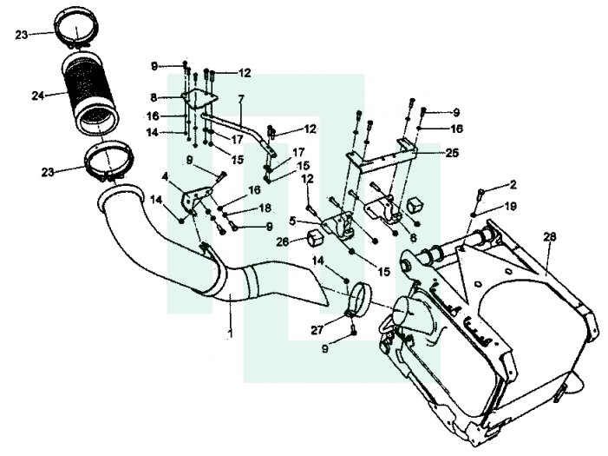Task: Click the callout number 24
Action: click(x=37, y=96)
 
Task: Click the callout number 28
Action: click(x=550, y=236)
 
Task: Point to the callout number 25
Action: click(x=452, y=153)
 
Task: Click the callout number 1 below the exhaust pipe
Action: click(x=231, y=334)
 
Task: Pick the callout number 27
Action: click(x=317, y=330)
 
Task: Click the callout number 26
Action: click(x=282, y=241)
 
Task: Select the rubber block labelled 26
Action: click(x=314, y=239)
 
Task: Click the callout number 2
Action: click(x=513, y=185)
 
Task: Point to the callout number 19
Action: click(x=511, y=206)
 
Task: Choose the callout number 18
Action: click(x=265, y=208)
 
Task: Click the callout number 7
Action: click(x=241, y=99)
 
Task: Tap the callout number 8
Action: click(x=154, y=97)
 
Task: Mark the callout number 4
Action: click(x=165, y=176)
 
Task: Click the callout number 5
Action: click(x=293, y=221)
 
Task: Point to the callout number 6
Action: click(x=414, y=237)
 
